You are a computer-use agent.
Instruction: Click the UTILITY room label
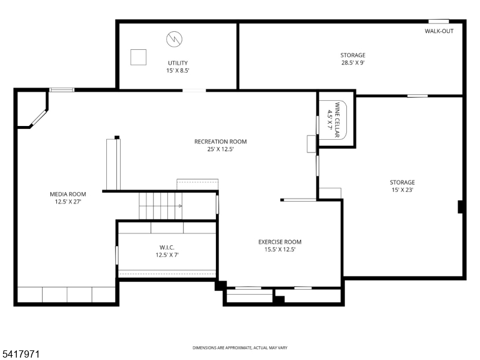click(177, 63)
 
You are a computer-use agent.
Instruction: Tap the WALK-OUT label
click(439, 31)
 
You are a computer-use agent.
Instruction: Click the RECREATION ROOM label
click(220, 142)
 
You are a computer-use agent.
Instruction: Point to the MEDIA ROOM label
click(68, 194)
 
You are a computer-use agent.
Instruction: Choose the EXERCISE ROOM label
click(280, 242)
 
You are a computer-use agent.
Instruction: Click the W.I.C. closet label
click(167, 247)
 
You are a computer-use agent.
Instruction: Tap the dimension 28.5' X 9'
click(353, 62)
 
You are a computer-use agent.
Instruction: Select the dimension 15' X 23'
click(402, 190)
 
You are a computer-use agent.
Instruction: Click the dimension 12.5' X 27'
click(68, 202)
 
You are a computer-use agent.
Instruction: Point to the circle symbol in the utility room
click(175, 40)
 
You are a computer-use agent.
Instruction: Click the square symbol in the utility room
click(139, 56)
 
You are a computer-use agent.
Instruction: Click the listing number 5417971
click(20, 355)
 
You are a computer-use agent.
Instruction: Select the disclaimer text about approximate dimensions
click(239, 348)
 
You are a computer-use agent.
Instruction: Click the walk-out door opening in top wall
click(439, 22)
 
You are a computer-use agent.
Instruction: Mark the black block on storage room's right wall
click(460, 206)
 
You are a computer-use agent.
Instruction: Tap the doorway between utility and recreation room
click(194, 91)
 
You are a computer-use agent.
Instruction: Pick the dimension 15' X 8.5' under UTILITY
click(177, 71)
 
